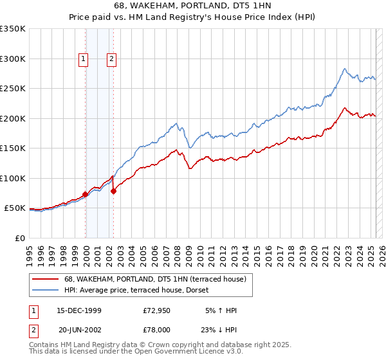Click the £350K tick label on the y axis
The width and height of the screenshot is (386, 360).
click(13, 29)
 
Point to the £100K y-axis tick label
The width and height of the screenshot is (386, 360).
click(13, 178)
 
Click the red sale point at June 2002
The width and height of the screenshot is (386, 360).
click(114, 191)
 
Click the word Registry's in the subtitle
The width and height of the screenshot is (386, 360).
click(225, 17)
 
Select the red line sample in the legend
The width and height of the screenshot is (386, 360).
click(46, 278)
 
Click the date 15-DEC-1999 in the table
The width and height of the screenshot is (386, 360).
click(79, 310)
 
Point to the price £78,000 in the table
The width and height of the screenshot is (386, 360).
click(156, 329)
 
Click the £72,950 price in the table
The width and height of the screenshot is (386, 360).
click(156, 310)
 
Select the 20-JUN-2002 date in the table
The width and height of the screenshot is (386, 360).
click(79, 329)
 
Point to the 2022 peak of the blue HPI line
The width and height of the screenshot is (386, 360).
click(345, 68)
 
